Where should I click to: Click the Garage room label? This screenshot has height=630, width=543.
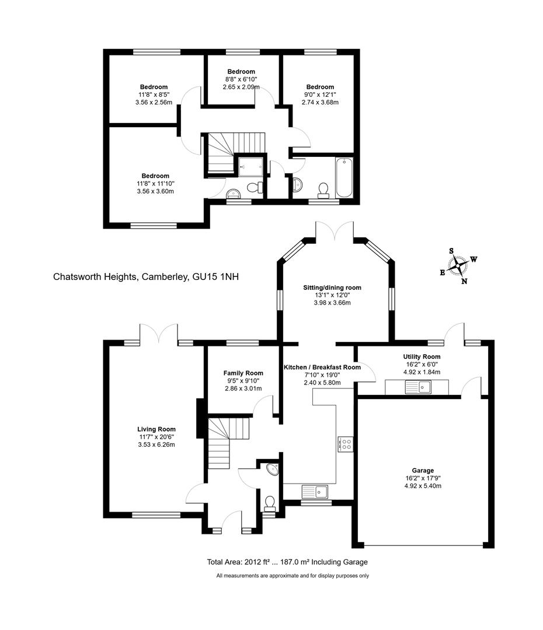coord(423,470)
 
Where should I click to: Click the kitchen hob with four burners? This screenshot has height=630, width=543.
coord(345,444)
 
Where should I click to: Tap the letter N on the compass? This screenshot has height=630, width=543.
coord(465,281)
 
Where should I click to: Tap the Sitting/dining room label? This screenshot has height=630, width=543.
coord(332,288)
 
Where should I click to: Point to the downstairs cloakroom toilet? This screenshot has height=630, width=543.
coord(270,502)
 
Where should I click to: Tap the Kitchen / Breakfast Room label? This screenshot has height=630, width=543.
coord(322,367)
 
